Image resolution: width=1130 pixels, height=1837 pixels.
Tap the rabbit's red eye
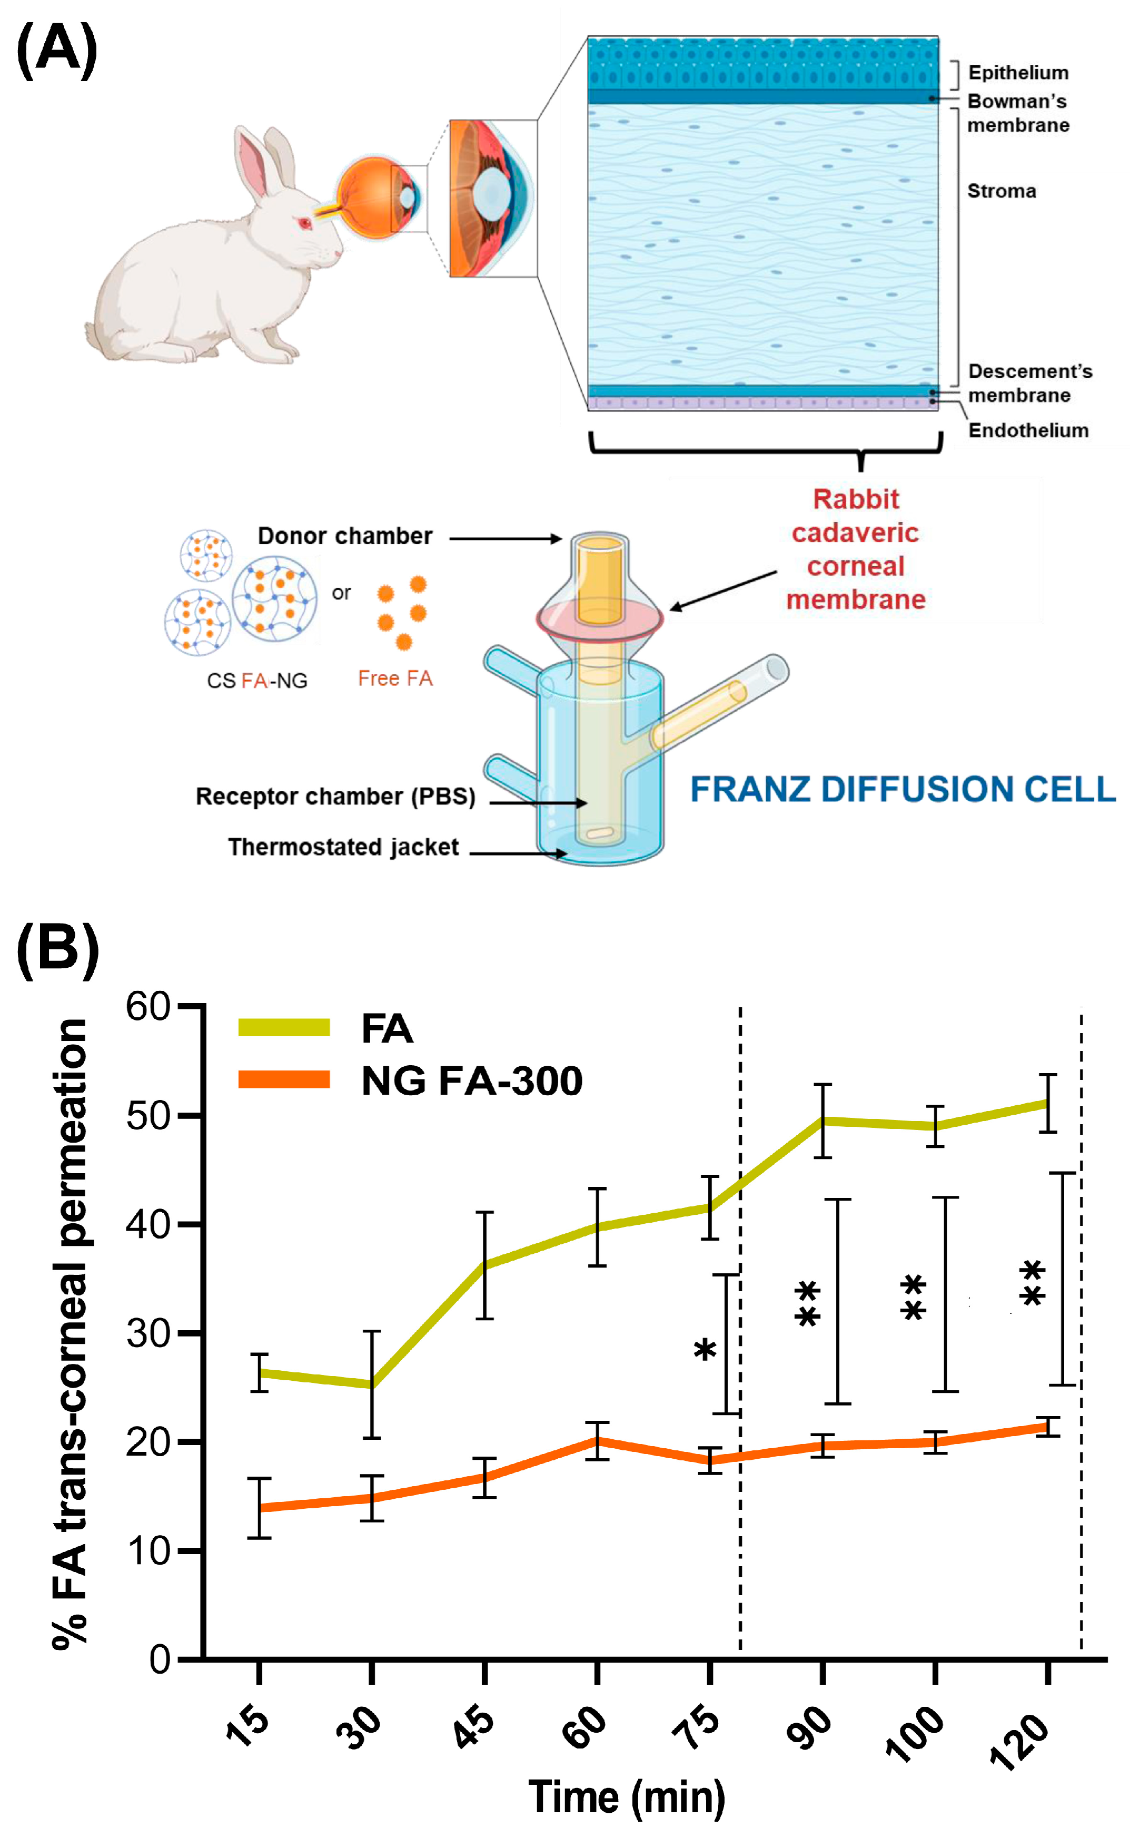pos(303,223)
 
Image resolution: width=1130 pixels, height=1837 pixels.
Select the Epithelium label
pos(1018,73)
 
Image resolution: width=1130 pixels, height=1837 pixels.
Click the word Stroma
pos(1002,191)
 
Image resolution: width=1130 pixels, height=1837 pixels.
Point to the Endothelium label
pos(1028,430)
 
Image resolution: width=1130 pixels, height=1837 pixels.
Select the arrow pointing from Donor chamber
pos(504,538)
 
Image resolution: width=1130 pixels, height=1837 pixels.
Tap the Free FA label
pos(395,678)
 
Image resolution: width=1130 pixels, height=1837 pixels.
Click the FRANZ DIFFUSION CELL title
pos(902,790)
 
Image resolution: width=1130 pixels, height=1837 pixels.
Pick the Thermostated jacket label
pos(343,847)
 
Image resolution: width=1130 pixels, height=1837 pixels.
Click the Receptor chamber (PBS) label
pos(335,796)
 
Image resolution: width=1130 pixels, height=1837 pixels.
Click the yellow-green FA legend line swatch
pos(284,1027)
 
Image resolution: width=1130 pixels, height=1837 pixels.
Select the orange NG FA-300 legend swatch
pos(284,1079)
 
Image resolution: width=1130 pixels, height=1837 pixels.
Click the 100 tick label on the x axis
pos(915,1733)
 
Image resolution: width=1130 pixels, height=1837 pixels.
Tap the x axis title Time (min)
pos(626,1797)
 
